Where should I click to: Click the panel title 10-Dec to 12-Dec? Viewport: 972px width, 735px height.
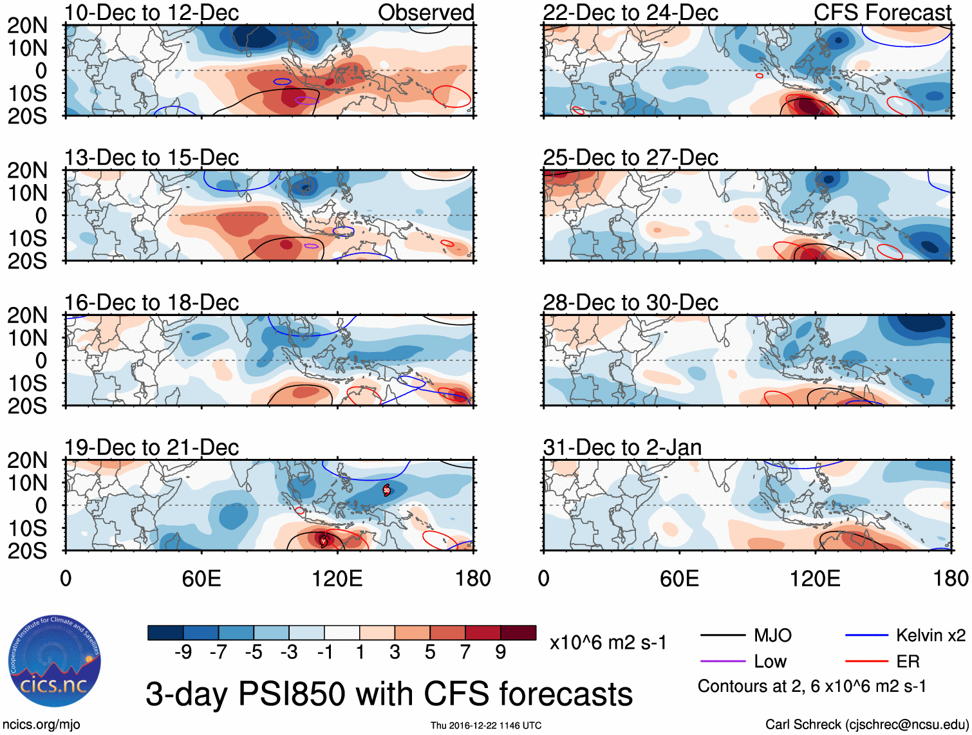click(151, 13)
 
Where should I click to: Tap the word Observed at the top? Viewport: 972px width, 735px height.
click(425, 13)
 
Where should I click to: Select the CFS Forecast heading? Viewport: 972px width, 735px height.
click(882, 13)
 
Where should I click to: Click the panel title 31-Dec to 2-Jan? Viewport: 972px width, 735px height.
click(622, 447)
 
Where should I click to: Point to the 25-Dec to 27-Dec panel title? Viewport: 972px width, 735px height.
click(630, 158)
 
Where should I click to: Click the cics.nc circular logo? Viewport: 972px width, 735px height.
click(55, 661)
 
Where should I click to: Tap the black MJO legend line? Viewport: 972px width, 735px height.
click(722, 636)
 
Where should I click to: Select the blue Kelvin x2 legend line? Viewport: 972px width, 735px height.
click(866, 636)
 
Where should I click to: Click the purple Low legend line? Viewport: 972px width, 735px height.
click(722, 662)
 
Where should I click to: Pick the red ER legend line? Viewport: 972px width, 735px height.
click(866, 662)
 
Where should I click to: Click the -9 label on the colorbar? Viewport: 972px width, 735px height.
click(183, 653)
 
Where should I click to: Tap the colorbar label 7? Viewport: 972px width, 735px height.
click(465, 653)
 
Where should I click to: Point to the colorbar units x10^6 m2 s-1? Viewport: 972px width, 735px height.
click(608, 642)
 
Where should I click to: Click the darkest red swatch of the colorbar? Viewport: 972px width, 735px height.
click(518, 633)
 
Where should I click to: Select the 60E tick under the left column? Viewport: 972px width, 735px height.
click(201, 579)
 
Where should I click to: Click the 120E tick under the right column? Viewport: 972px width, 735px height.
click(815, 579)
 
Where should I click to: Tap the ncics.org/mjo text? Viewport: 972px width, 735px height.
click(41, 725)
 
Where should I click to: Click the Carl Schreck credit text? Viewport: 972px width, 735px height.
click(866, 725)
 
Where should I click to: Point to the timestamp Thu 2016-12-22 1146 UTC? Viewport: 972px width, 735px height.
click(486, 725)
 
